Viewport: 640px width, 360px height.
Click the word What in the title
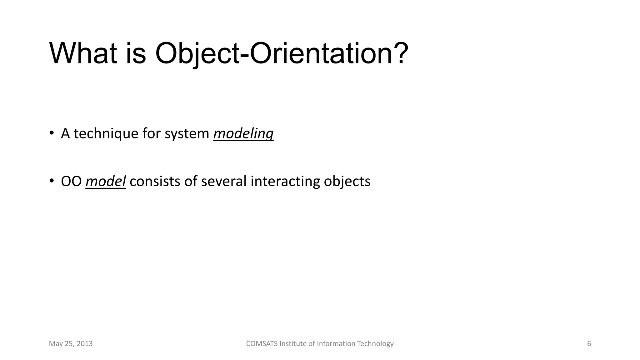click(83, 54)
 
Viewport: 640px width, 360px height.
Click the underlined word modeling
click(243, 134)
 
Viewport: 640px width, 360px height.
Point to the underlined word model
click(106, 182)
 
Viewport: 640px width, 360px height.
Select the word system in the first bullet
click(187, 134)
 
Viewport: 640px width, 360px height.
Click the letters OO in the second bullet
click(71, 182)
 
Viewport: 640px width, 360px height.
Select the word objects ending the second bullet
click(347, 182)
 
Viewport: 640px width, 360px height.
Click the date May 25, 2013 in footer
click(71, 344)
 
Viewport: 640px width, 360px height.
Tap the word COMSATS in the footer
click(262, 344)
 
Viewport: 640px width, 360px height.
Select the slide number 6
click(589, 344)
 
